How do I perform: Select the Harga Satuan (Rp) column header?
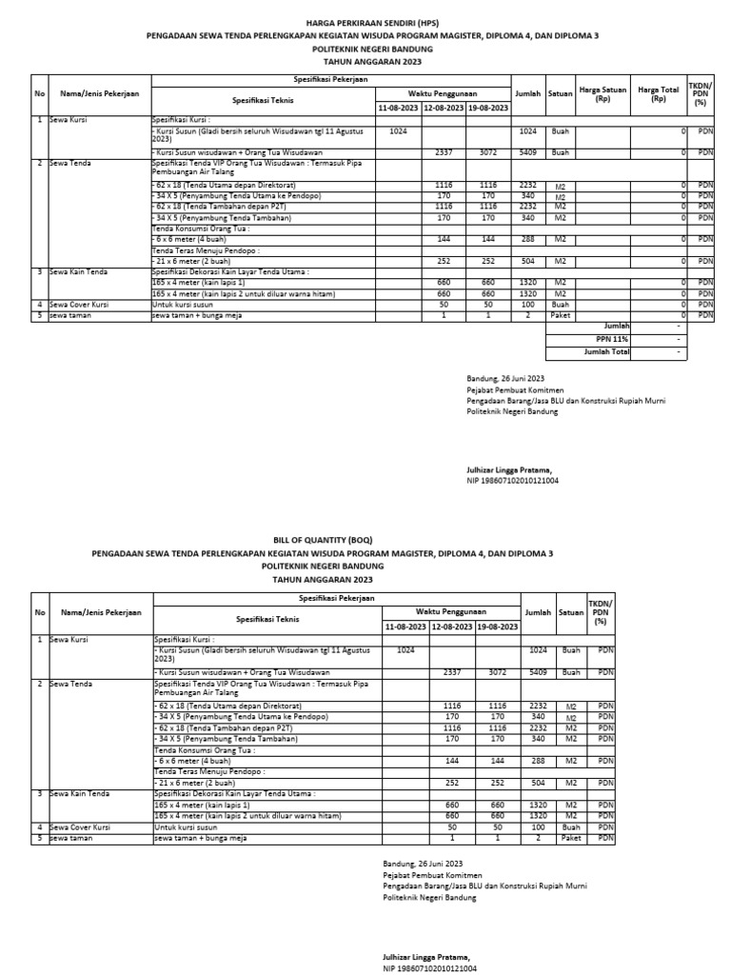tap(603, 93)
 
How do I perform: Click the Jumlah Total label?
tap(606, 351)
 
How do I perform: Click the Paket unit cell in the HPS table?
tap(561, 314)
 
